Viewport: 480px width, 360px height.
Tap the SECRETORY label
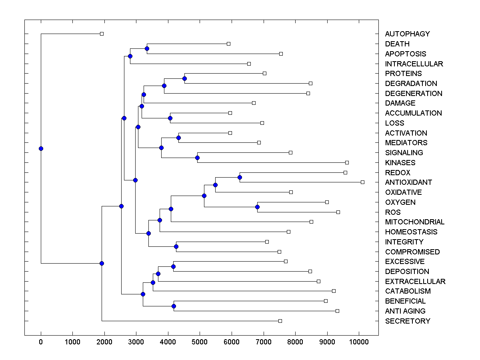click(x=408, y=321)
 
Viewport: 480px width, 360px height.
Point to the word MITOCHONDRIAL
click(x=415, y=222)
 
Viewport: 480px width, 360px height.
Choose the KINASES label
click(x=400, y=163)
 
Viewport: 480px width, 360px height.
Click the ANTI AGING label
click(x=405, y=311)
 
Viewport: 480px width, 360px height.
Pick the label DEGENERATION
click(x=414, y=94)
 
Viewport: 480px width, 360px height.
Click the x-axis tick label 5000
click(x=200, y=341)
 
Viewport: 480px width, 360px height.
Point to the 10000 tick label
click(x=359, y=341)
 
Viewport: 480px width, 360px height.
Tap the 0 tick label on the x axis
click(x=41, y=341)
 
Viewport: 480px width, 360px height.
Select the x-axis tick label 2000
click(x=104, y=341)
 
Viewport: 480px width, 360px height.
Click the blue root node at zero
click(x=41, y=148)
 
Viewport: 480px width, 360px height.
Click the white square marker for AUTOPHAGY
click(x=102, y=34)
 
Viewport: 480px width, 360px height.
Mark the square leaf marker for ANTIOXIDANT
click(x=362, y=182)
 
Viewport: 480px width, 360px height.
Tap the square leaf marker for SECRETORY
click(x=280, y=321)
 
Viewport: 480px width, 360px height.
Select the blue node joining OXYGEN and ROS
click(x=257, y=207)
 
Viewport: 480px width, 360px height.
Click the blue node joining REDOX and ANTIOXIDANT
click(x=240, y=177)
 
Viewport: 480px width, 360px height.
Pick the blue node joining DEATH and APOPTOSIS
click(x=147, y=48)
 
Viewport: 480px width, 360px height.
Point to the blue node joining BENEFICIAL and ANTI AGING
click(x=174, y=306)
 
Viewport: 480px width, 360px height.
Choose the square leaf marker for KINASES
click(x=347, y=162)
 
